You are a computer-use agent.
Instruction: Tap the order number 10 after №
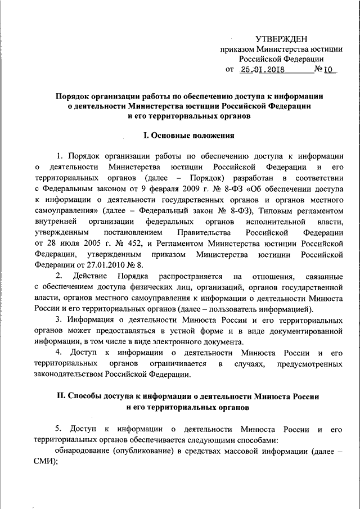[328, 70]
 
